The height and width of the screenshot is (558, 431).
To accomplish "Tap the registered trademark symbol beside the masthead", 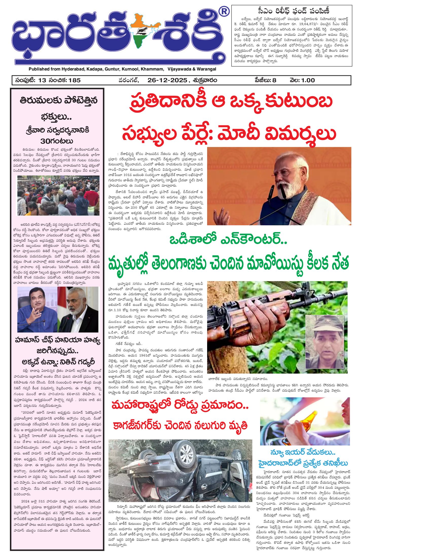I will pos(225,11).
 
